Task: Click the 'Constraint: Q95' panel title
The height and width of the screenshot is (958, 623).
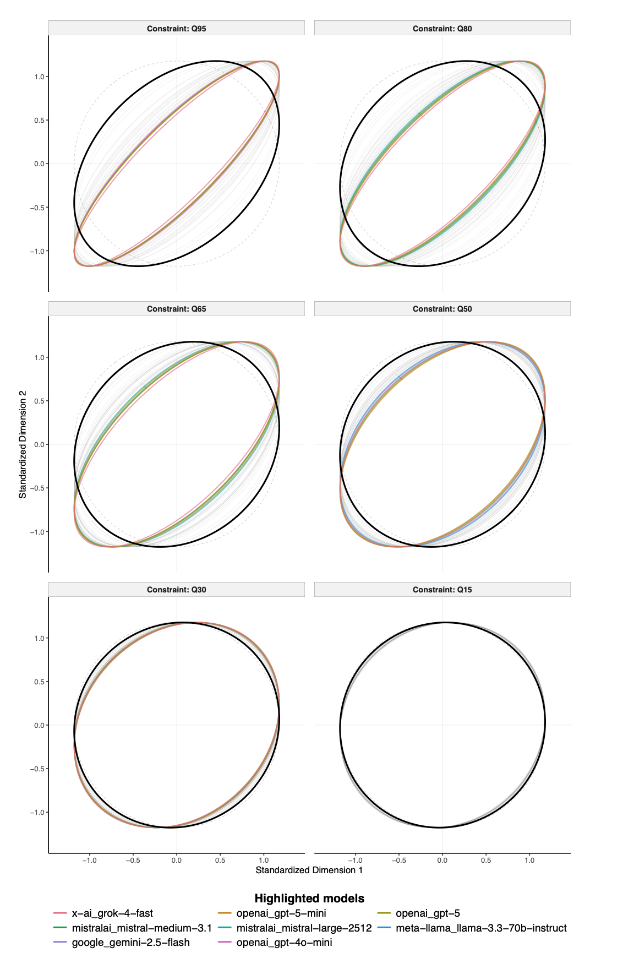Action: (x=176, y=29)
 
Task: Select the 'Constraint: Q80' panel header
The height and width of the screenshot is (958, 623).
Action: (x=442, y=29)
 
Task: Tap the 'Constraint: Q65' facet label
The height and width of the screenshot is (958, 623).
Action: (x=176, y=309)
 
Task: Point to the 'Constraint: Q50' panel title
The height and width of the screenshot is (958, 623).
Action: (x=442, y=309)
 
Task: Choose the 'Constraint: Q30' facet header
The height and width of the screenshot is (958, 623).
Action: (x=176, y=590)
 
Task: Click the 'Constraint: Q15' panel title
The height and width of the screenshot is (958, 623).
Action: (x=442, y=590)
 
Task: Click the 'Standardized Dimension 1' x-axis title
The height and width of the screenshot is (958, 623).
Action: (x=309, y=870)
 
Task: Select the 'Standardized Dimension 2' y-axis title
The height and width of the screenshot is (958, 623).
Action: (x=23, y=445)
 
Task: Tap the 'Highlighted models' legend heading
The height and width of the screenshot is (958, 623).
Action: (x=309, y=899)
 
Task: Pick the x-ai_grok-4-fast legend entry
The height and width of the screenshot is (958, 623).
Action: (x=112, y=913)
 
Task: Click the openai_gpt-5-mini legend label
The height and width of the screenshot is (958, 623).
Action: (x=281, y=913)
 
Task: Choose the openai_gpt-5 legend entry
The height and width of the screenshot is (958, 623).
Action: (x=428, y=913)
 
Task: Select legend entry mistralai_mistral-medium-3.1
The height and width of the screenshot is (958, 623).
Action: (x=141, y=928)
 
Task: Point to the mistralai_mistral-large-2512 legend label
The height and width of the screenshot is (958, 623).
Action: (x=304, y=928)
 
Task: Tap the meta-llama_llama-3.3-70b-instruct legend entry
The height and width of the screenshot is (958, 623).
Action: (x=481, y=928)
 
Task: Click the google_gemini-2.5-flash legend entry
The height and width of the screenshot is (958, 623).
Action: (x=130, y=943)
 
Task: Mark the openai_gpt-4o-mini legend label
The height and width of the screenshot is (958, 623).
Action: (x=284, y=943)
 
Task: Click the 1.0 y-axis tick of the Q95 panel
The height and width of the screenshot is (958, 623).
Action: (x=39, y=77)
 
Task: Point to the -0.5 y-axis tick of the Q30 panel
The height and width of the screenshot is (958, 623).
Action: (x=37, y=769)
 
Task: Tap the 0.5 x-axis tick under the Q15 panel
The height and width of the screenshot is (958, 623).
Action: (x=486, y=861)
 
